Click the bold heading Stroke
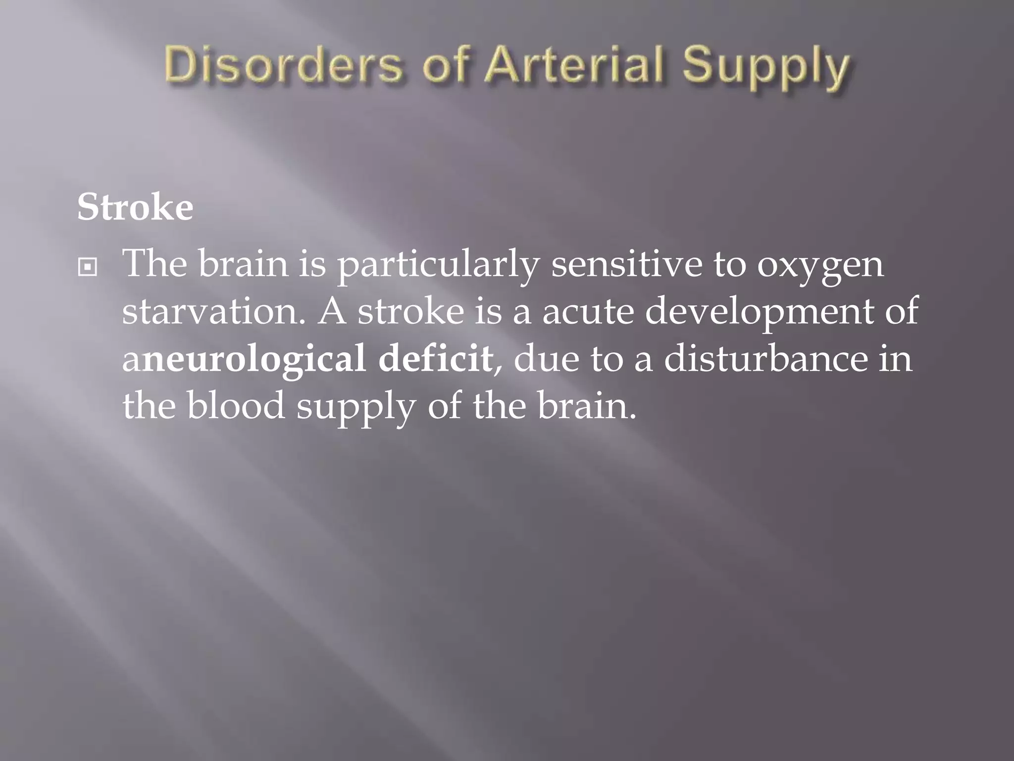tap(135, 207)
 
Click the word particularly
tap(438, 265)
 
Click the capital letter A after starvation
tap(332, 311)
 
